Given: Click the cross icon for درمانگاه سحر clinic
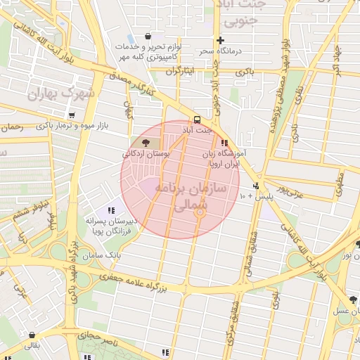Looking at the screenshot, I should pos(221,40).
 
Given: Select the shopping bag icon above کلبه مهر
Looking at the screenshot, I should pos(148,37).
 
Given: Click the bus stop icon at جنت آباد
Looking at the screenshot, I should pos(197,119).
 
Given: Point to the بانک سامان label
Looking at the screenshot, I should pos(102,255).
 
